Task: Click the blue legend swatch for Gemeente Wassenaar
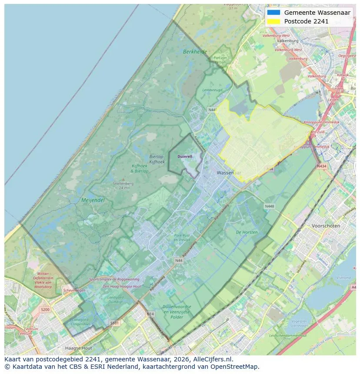[273, 13]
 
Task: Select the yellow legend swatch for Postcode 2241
[273, 21]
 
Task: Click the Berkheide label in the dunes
[195, 51]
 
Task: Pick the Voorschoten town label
[326, 226]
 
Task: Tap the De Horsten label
[247, 232]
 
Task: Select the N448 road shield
[270, 206]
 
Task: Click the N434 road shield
[321, 166]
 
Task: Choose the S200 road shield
[45, 310]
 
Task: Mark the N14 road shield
[150, 314]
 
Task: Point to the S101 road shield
[115, 323]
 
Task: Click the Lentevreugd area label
[212, 90]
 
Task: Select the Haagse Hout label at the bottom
[78, 348]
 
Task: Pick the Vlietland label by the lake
[343, 277]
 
